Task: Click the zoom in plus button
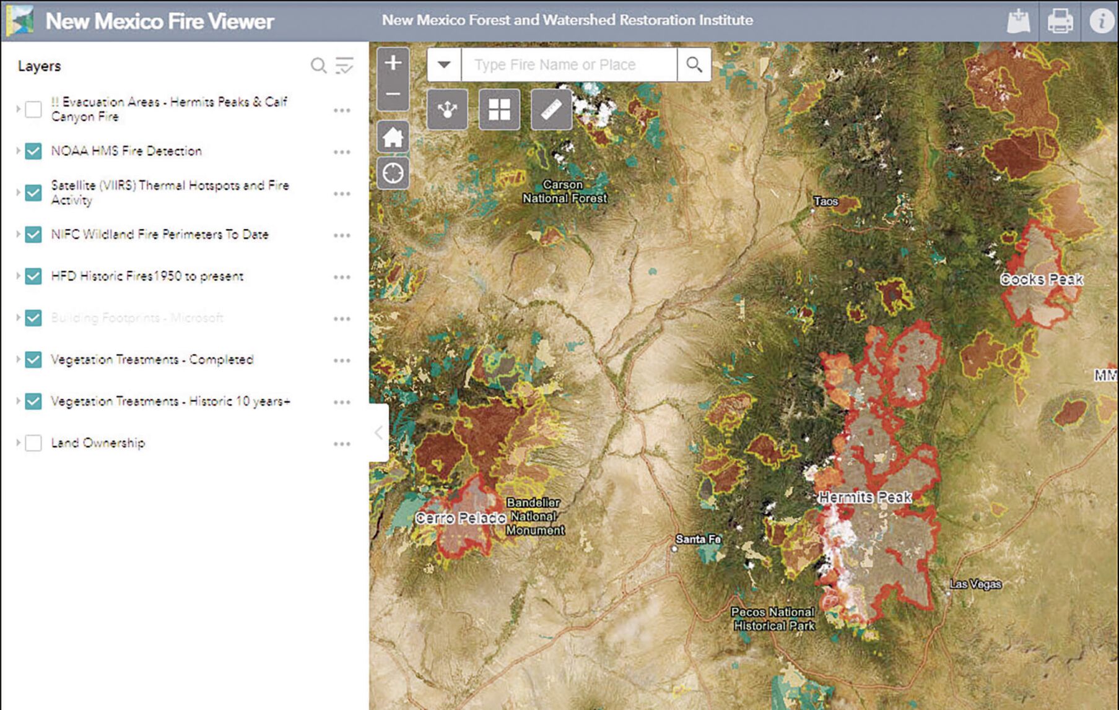tap(393, 63)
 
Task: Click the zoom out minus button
tap(393, 95)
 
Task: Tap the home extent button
tap(393, 137)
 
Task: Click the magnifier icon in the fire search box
tap(694, 64)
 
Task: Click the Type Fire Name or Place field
tap(568, 64)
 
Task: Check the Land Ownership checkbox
tap(33, 443)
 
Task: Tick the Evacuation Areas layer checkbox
tap(33, 110)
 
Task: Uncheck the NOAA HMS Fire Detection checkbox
tap(33, 151)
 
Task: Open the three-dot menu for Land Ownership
tap(342, 444)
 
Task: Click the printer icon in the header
tap(1060, 21)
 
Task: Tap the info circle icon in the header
tap(1101, 21)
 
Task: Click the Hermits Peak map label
tap(864, 497)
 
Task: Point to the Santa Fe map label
tap(698, 539)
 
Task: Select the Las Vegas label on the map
tap(975, 584)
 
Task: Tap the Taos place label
tap(825, 201)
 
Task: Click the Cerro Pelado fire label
tap(461, 518)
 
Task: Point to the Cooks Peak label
tap(1042, 279)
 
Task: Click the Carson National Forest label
tap(564, 191)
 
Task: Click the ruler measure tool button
tap(551, 110)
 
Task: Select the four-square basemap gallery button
tap(499, 110)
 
